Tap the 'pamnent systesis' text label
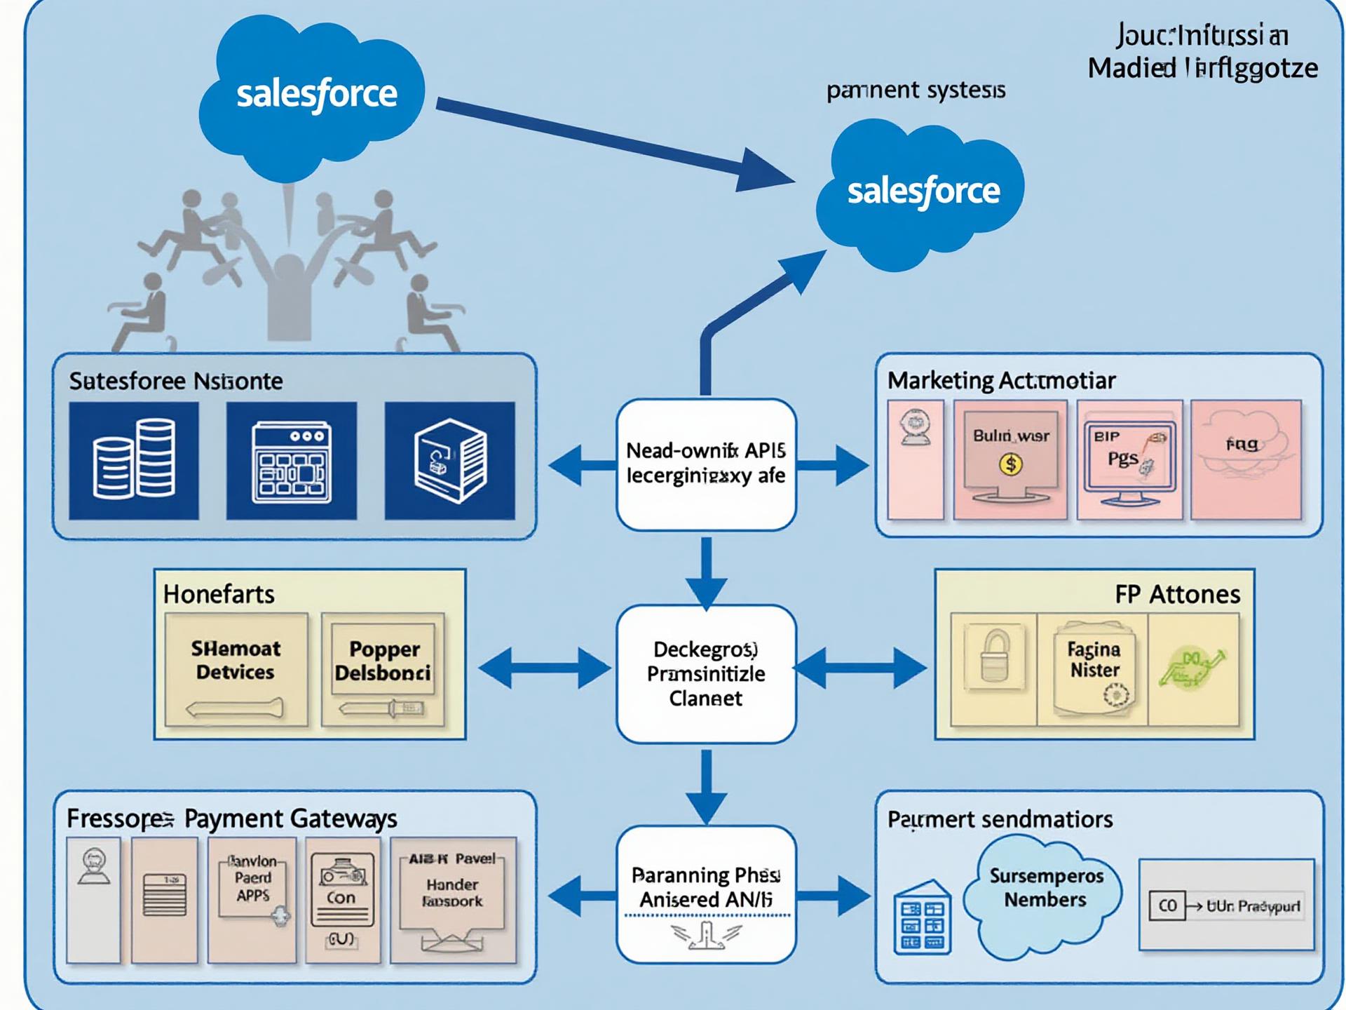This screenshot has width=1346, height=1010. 916,90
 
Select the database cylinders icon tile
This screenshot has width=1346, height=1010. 134,460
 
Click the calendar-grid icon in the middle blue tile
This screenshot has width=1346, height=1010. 292,460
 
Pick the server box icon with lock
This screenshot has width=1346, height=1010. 449,460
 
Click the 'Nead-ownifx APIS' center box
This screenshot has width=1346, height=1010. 706,464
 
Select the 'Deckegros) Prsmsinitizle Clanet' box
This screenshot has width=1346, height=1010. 706,673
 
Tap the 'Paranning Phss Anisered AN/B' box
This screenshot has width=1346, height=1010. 706,894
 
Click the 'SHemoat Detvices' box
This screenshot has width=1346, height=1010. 236,669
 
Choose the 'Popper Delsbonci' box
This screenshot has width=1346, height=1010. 383,669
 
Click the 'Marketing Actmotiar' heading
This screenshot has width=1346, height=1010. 1001,381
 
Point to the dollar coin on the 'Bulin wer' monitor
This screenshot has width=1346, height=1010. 1010,464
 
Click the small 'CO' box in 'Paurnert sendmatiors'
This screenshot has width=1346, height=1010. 1167,905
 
